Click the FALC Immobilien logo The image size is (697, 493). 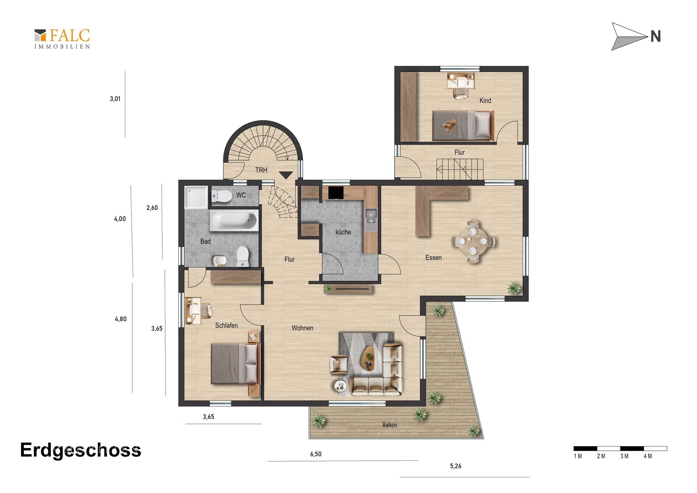(x=62, y=39)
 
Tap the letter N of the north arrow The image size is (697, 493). (x=655, y=36)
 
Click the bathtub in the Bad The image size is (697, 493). (x=234, y=221)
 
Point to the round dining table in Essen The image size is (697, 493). (x=473, y=241)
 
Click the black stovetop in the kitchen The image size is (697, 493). (x=336, y=193)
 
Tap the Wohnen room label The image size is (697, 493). (x=302, y=328)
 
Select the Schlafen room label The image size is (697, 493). (x=227, y=325)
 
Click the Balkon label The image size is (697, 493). (x=390, y=425)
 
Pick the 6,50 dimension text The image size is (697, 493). (x=316, y=454)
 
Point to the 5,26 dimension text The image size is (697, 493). (x=456, y=466)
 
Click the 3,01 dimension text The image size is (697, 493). (x=115, y=99)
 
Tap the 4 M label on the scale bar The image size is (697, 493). (x=648, y=456)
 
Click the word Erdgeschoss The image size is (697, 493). (x=81, y=451)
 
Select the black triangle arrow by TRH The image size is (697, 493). (x=286, y=175)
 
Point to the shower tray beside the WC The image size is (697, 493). (x=196, y=197)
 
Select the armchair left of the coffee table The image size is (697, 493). (x=338, y=364)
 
